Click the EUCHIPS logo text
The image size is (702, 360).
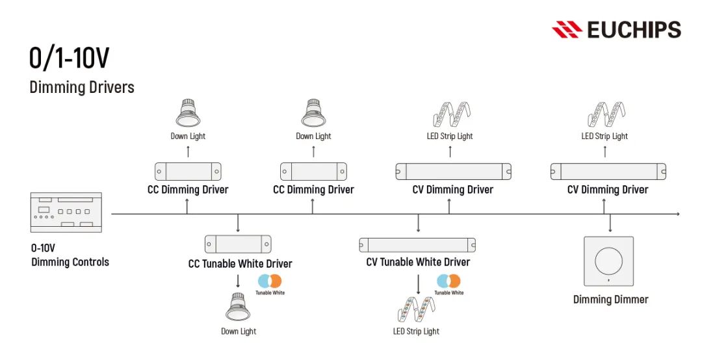pyautogui.click(x=633, y=30)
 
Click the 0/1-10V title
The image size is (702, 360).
pyautogui.click(x=69, y=58)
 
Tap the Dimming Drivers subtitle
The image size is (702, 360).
pyautogui.click(x=82, y=86)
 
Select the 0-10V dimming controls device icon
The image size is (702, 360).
pyautogui.click(x=66, y=212)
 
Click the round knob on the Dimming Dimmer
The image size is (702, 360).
pyautogui.click(x=610, y=259)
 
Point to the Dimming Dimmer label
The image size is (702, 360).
pyautogui.click(x=610, y=300)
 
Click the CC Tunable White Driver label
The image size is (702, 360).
pyautogui.click(x=240, y=264)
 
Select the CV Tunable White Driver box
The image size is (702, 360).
pyautogui.click(x=417, y=245)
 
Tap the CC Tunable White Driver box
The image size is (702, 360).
pyautogui.click(x=238, y=244)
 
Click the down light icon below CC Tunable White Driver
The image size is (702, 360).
pyautogui.click(x=238, y=307)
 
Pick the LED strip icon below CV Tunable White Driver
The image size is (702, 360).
pyautogui.click(x=416, y=309)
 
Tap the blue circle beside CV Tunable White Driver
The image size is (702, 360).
pyautogui.click(x=443, y=281)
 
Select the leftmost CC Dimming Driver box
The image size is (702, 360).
pyautogui.click(x=188, y=172)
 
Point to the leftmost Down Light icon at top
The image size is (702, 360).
pyautogui.click(x=188, y=113)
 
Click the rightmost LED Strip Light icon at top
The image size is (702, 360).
pyautogui.click(x=604, y=114)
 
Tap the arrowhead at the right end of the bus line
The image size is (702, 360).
pyautogui.click(x=678, y=214)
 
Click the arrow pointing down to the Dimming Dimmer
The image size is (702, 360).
pyautogui.click(x=610, y=225)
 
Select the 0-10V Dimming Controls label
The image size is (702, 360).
pyautogui.click(x=70, y=255)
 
